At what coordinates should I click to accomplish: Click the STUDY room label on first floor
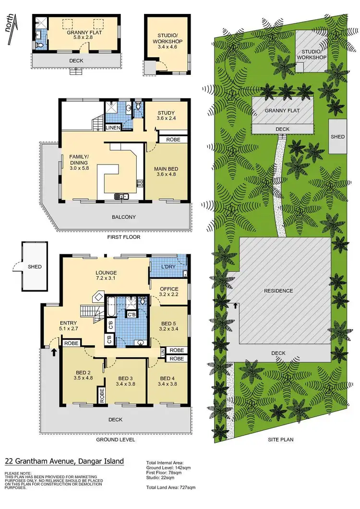pyautogui.click(x=166, y=117)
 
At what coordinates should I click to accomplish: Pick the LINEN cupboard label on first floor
pyautogui.click(x=113, y=128)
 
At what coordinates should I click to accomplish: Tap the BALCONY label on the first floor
pyautogui.click(x=124, y=217)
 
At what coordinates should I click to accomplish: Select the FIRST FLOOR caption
pyautogui.click(x=124, y=237)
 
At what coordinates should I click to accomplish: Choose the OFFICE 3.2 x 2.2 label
pyautogui.click(x=168, y=292)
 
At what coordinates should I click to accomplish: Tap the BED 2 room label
pyautogui.click(x=81, y=375)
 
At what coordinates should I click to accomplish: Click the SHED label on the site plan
pyautogui.click(x=337, y=137)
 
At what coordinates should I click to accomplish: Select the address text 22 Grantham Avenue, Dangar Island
pyautogui.click(x=64, y=462)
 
